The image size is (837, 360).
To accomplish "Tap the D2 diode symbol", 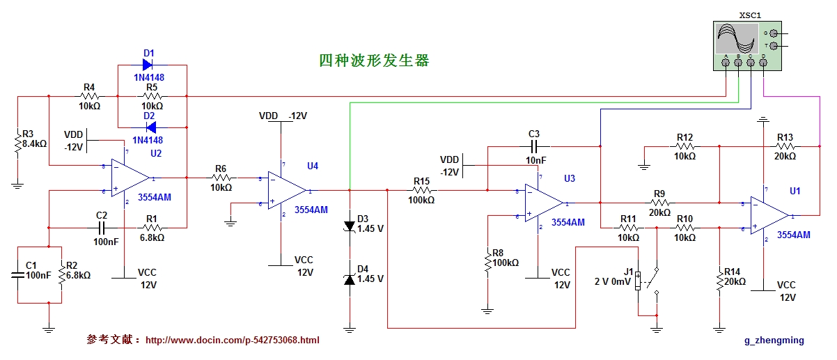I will pos(148,127).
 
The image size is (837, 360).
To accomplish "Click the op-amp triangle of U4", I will pos(288,190).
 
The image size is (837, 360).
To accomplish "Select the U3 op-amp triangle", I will pos(542,203).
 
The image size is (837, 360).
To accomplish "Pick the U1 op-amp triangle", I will pos(769,215).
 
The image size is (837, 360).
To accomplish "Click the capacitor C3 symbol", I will pos(534,146).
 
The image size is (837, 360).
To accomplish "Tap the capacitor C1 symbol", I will pos(17,274).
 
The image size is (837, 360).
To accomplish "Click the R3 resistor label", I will pos(28,134).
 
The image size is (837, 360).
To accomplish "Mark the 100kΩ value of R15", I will pos(422,200).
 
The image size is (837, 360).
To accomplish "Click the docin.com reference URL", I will pos(233,341).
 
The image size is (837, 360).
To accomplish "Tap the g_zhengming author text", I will pos(774,341).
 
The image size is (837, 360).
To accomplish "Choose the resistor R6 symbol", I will pos(221,178).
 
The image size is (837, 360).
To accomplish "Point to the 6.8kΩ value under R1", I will pos(151,237).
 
